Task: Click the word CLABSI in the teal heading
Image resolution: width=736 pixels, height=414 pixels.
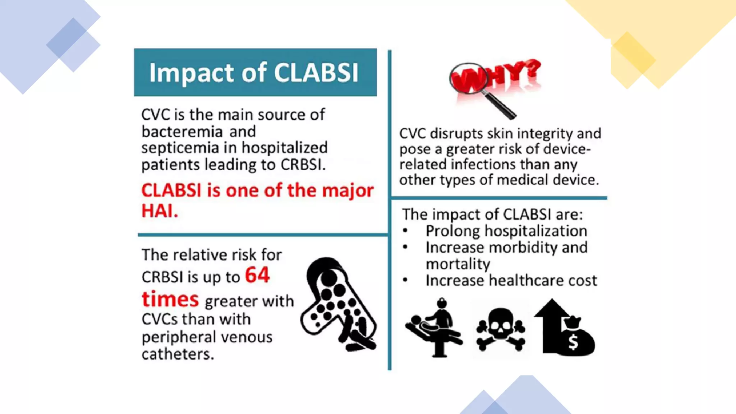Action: (x=316, y=73)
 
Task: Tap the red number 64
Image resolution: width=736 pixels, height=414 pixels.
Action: (x=257, y=275)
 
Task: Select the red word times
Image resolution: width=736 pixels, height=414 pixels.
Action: (x=170, y=299)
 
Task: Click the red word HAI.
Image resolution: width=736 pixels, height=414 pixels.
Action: (x=160, y=211)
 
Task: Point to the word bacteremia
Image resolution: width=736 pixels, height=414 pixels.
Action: (x=182, y=132)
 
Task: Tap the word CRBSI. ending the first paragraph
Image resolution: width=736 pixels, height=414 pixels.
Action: (x=303, y=165)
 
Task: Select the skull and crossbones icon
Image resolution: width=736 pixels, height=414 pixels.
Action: (x=500, y=329)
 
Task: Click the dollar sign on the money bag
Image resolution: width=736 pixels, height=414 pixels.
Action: (x=573, y=342)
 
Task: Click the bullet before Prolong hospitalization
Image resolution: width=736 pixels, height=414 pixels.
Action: (x=405, y=231)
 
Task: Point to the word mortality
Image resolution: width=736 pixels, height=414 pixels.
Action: (x=457, y=264)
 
